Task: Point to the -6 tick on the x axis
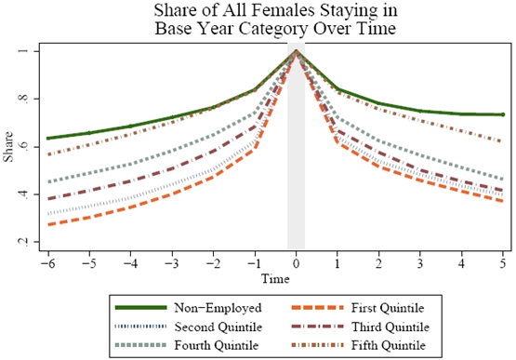46,262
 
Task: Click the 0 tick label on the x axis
297,262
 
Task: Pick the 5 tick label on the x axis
502,262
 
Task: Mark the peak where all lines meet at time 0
297,51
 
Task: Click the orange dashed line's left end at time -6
48,225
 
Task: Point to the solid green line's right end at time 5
502,114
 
